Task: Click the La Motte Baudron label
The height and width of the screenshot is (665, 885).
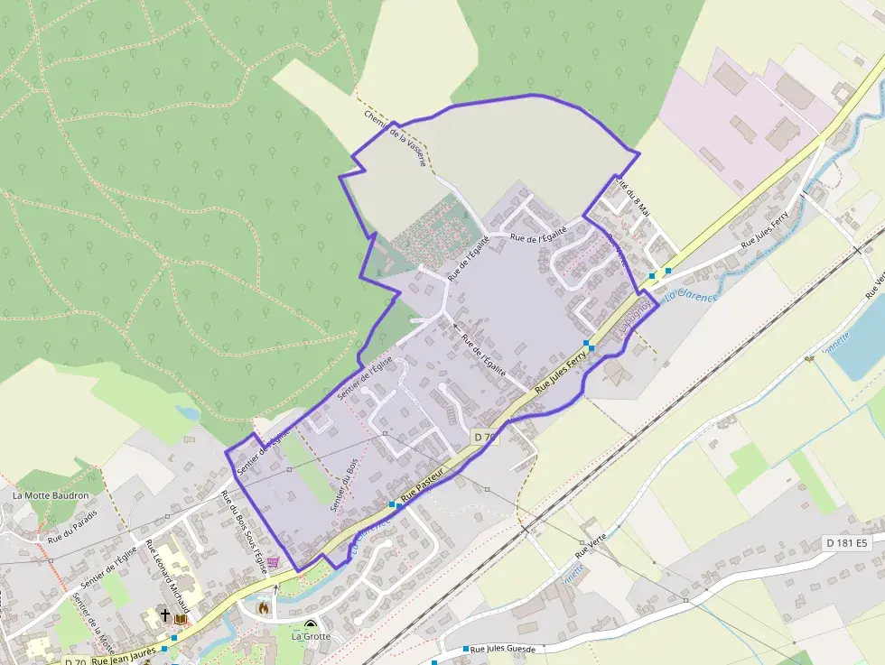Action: click(x=51, y=495)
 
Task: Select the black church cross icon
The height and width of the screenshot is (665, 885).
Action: click(x=165, y=615)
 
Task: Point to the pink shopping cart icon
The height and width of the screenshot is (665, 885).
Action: click(x=273, y=561)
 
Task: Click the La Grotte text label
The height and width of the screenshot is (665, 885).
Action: click(x=311, y=636)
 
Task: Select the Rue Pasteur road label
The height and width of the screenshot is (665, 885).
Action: click(x=424, y=485)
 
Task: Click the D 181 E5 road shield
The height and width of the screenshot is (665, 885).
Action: click(x=845, y=543)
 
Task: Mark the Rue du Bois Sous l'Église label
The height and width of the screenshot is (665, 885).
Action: click(x=243, y=531)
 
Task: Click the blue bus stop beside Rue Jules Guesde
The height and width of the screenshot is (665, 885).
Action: click(x=466, y=650)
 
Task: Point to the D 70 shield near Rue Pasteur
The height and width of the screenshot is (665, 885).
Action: click(x=485, y=438)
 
